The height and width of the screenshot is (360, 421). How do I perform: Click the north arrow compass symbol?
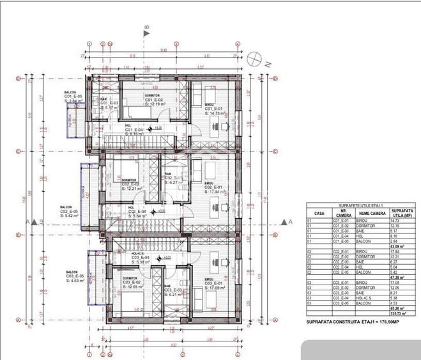tap(257, 58)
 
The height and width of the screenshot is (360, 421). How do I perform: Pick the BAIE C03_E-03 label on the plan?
tap(173, 290)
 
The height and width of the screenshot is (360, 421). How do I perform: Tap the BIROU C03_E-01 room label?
tap(213, 283)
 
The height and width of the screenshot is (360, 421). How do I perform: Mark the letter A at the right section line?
tap(290, 221)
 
